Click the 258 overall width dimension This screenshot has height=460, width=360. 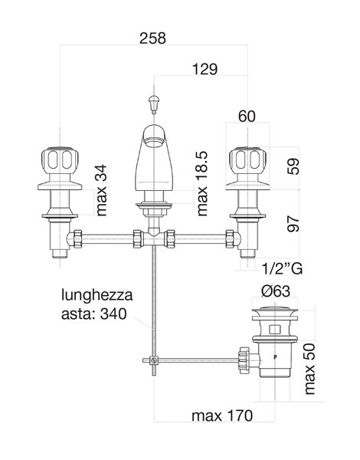point(152,38)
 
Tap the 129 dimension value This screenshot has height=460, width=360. point(205,69)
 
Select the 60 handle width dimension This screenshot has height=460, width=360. point(247,117)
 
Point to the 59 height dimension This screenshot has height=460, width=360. point(293,166)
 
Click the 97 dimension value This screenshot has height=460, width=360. point(293,224)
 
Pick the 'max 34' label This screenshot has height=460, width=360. point(101,190)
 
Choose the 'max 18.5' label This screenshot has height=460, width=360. point(202,184)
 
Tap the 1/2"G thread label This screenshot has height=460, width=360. point(282,268)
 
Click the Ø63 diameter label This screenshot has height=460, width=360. point(275,291)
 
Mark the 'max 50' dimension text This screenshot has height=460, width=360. point(309,369)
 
